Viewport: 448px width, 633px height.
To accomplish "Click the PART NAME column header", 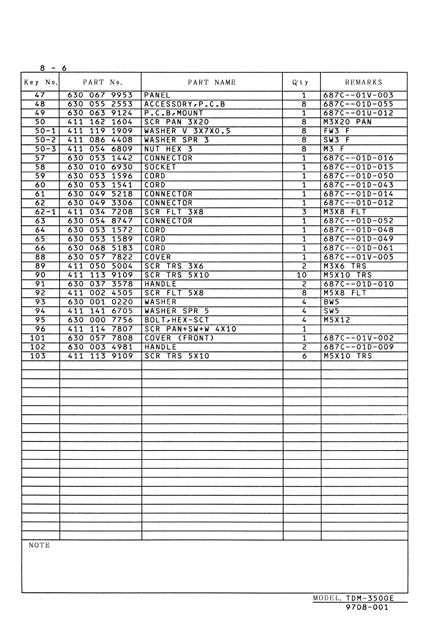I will tap(212, 82).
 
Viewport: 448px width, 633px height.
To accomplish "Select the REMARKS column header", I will tap(363, 82).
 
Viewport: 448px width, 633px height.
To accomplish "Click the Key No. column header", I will tap(41, 82).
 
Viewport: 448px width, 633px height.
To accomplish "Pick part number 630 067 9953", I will tap(100, 95).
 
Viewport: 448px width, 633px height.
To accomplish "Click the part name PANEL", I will tap(157, 95).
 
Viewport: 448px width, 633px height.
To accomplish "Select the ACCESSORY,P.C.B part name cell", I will tap(184, 104).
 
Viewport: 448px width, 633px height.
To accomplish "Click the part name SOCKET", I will tap(160, 167).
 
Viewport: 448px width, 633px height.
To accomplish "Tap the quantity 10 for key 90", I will tap(302, 275).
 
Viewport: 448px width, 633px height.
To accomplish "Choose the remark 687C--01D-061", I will tap(358, 248).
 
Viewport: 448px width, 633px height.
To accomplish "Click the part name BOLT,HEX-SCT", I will tap(177, 320).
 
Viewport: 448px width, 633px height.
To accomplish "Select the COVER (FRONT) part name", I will tap(179, 338).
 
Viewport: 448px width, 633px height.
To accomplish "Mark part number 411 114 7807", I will tap(100, 329).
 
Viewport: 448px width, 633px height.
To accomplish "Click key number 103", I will tap(38, 356).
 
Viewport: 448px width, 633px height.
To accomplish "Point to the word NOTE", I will tap(39, 545).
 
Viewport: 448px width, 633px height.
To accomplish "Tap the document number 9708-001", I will tap(367, 607).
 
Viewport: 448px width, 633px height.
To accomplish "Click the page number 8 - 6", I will tap(53, 68).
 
